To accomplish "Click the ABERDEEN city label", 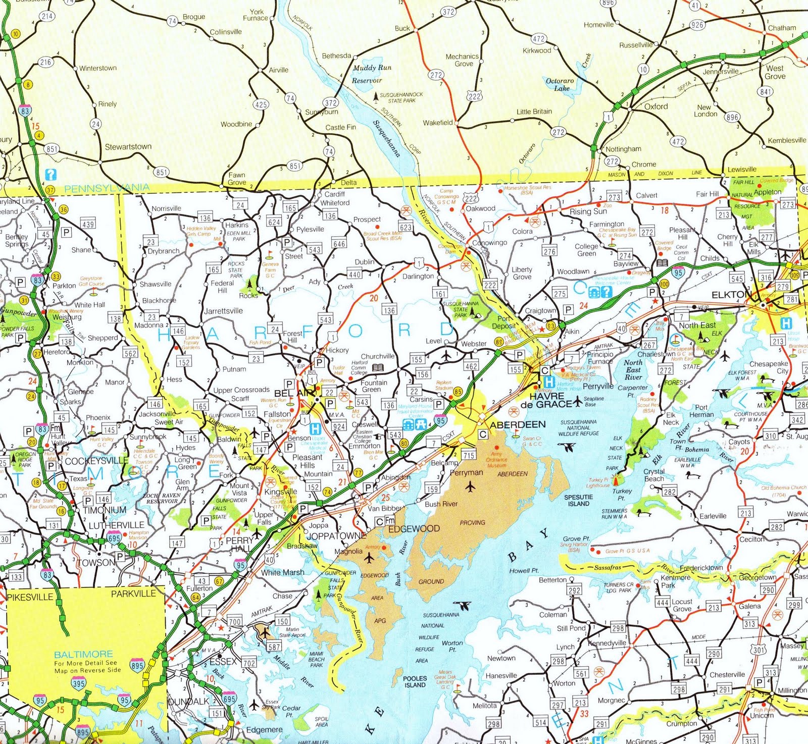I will pos(518,424).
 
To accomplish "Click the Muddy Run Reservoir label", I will pos(371,74).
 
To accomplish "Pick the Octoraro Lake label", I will pos(560,84).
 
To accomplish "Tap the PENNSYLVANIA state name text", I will pos(107,189).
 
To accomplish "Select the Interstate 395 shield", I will pos(79,684).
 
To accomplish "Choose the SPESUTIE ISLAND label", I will pos(578,500).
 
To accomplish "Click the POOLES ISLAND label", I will pos(415,681).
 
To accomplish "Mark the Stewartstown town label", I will pos(128,147).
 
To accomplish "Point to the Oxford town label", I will pos(656,107).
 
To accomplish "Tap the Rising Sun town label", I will pos(588,211).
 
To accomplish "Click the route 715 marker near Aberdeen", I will pos(469,455).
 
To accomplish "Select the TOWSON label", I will pos(96,562).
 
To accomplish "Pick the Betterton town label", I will pos(552,580).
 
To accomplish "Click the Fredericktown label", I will pos(701,568).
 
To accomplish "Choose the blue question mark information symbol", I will pos(50,175).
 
